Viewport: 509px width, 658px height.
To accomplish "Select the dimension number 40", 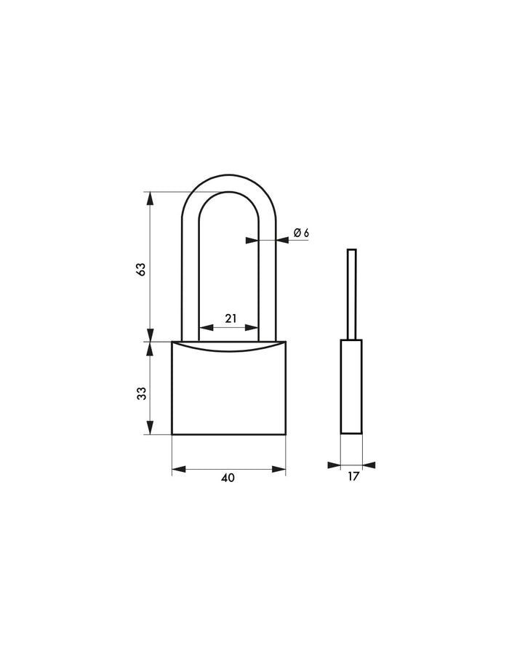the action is point(228,478).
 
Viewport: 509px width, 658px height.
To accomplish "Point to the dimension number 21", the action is point(231,318).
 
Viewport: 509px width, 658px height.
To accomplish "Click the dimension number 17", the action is point(353,476).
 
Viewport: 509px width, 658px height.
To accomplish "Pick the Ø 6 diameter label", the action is point(301,233).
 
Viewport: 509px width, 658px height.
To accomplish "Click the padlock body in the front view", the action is point(229,388).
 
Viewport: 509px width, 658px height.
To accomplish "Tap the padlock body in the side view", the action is point(351,387).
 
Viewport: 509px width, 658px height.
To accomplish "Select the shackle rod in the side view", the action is point(352,294).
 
